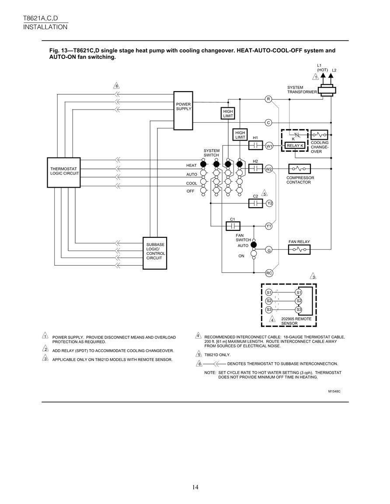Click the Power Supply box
coord(183,110)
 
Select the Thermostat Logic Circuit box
coord(64,172)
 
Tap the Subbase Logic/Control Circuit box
coord(155,253)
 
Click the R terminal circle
coord(268,99)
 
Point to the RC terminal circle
coord(269,273)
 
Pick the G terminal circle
coord(268,250)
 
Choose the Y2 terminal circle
coord(269,203)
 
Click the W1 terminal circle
coord(269,146)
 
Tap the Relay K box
coord(295,146)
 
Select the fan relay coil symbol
coord(299,250)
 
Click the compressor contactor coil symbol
coord(299,168)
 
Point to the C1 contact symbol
coord(233,226)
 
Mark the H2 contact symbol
coord(256,168)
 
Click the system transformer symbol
coord(327,91)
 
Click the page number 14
coord(195,487)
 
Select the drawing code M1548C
coord(334,391)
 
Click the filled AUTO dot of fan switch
coord(254,245)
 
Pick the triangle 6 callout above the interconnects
coord(117,86)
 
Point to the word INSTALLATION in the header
coord(45,27)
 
